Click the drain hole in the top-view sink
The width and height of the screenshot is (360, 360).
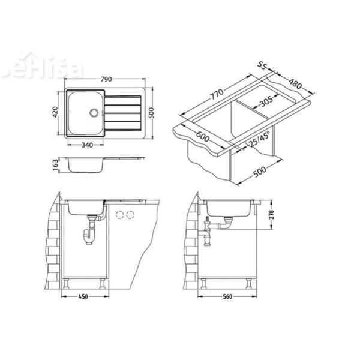pyautogui.click(x=94, y=112)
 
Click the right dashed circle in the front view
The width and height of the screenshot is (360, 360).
pyautogui.click(x=128, y=214)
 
